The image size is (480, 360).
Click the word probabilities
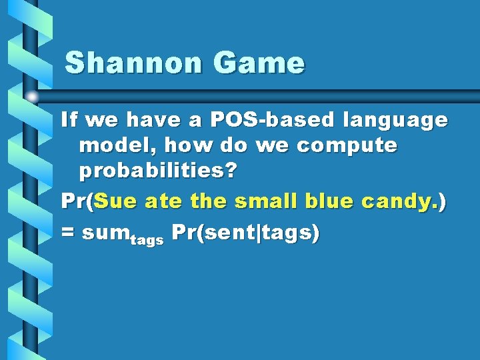pyautogui.click(x=152, y=171)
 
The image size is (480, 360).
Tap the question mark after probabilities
pyautogui.click(x=231, y=170)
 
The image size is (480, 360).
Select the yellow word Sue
pyautogui.click(x=117, y=200)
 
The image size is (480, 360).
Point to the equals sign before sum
pyautogui.click(x=68, y=233)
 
